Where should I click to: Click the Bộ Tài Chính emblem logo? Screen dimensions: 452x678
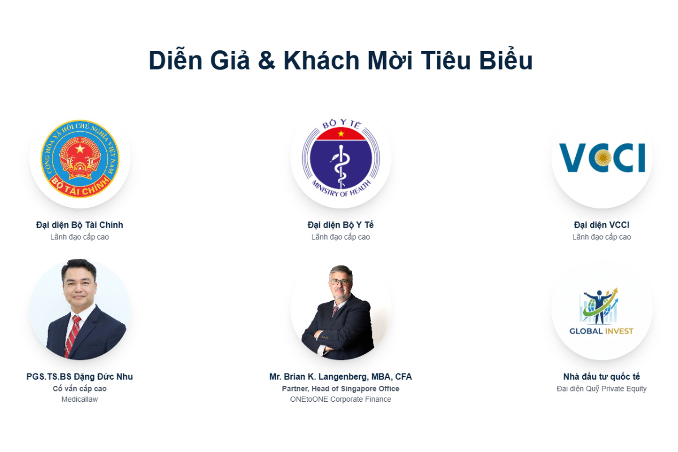click(80, 159)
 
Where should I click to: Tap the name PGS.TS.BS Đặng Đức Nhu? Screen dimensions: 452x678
click(80, 377)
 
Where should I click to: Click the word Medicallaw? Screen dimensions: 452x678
click(80, 399)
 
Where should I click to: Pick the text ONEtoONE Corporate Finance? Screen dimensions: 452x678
click(341, 399)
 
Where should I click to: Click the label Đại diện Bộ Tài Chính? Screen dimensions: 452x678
click(80, 225)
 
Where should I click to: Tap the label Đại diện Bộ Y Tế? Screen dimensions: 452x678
click(341, 225)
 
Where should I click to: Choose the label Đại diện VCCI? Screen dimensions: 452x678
click(602, 225)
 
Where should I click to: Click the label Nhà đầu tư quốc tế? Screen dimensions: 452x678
click(602, 377)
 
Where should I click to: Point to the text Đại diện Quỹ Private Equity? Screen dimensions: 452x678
click(602, 389)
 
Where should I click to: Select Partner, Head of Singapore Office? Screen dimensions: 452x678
click(341, 389)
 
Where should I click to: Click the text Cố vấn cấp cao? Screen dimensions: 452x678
click(80, 389)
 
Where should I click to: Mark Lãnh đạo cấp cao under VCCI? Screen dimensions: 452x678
click(602, 237)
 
